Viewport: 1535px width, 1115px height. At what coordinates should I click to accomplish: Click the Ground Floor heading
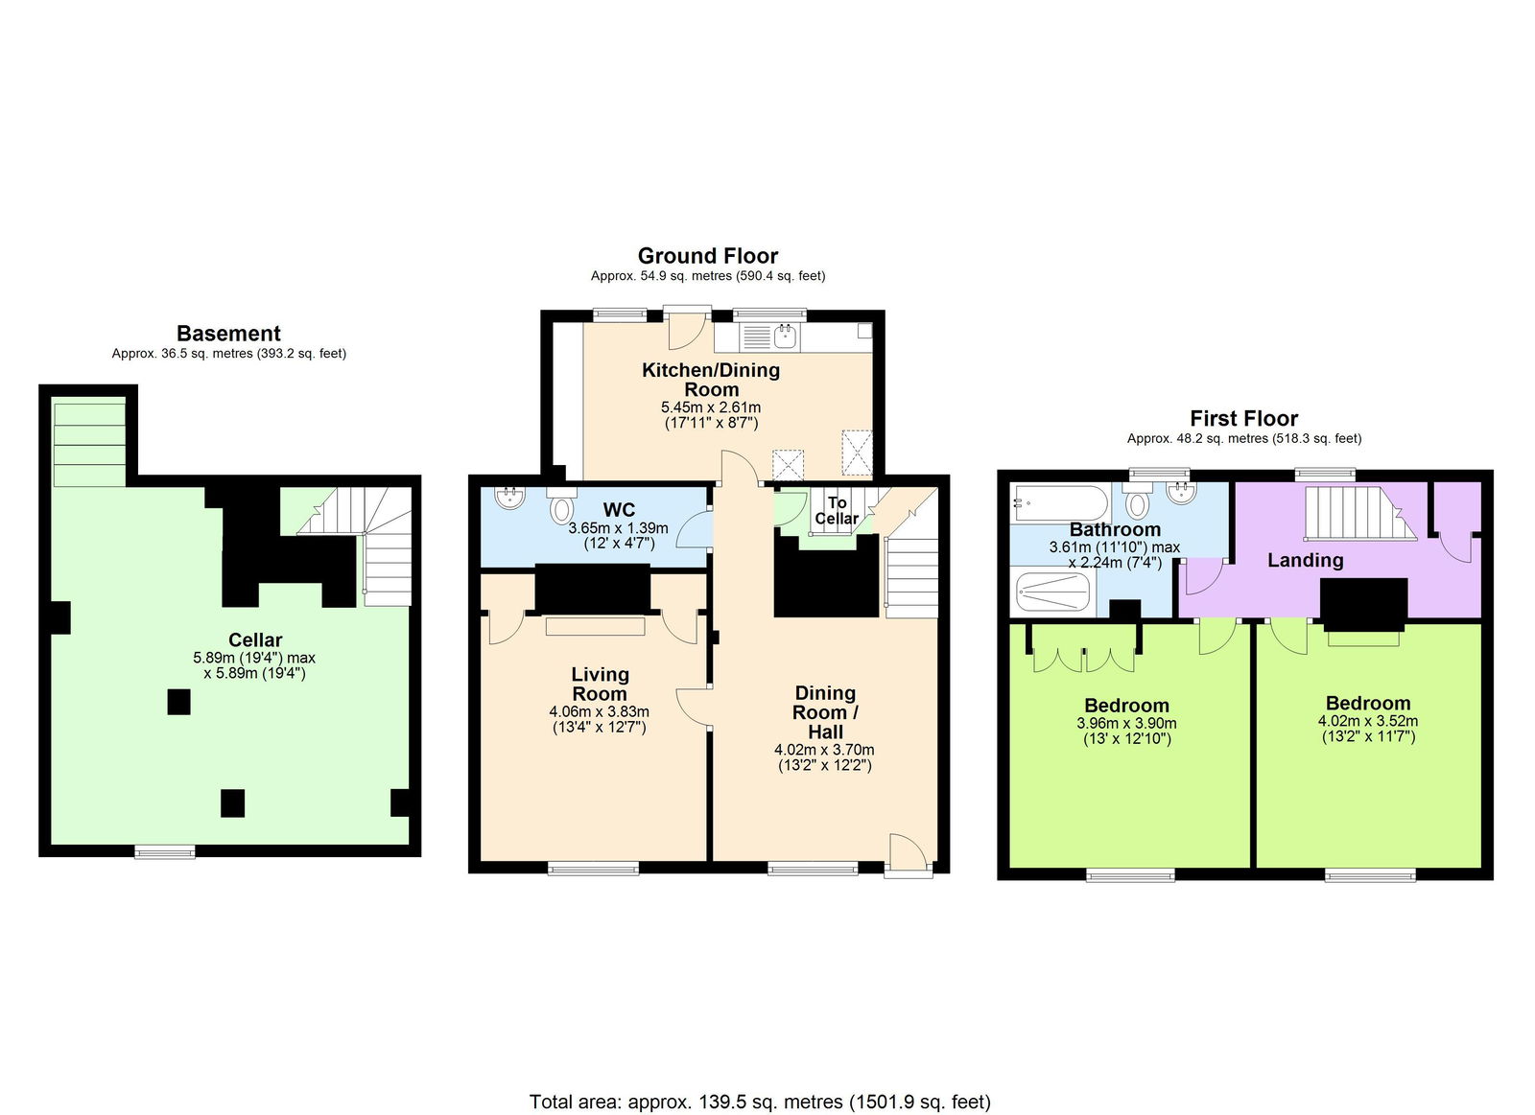707,256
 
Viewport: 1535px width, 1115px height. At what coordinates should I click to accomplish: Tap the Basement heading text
228,334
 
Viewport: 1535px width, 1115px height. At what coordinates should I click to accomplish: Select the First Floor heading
1243,418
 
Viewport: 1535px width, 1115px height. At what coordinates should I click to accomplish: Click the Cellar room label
255,639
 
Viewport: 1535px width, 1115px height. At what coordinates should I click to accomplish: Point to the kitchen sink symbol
786,336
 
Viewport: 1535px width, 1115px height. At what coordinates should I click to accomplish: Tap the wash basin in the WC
508,498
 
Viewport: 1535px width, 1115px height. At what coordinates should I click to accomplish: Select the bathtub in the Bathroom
1059,502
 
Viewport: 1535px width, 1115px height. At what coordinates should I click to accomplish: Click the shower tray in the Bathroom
1052,592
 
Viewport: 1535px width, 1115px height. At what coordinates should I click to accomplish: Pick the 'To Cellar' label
837,510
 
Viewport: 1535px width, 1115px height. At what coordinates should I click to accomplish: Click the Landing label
1305,560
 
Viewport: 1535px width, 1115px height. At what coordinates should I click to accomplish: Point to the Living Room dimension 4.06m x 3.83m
599,711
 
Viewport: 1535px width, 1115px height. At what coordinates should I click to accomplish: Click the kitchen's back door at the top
686,328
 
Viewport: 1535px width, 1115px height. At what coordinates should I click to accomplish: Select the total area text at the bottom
760,1102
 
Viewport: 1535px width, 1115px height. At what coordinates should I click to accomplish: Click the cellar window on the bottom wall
164,851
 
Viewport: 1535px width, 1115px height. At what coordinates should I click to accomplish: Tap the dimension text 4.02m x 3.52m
1367,721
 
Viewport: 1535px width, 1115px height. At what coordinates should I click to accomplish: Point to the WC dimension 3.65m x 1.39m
618,528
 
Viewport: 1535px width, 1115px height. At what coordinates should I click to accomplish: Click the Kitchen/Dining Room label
710,380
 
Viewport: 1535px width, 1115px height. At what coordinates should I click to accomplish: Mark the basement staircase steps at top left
89,444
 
